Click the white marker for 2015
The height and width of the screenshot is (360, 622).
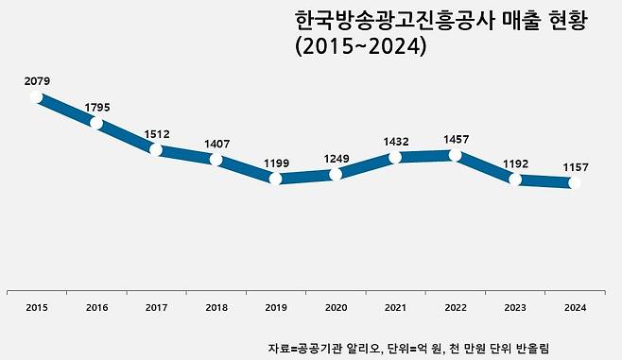[x=37, y=96]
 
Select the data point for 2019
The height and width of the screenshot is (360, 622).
[x=276, y=178]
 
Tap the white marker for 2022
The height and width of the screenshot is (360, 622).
[x=456, y=154]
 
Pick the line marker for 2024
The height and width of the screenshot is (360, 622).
[x=575, y=183]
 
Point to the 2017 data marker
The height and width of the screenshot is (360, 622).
[x=157, y=149]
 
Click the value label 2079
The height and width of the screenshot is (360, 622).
[x=37, y=81]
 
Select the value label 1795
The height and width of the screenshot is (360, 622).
[x=97, y=108]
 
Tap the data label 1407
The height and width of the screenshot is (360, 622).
[x=216, y=145]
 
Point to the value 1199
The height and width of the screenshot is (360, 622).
[x=276, y=163]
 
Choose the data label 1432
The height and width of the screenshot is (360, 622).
[x=395, y=142]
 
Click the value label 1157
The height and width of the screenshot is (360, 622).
[x=575, y=167]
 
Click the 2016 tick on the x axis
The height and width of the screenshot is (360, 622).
[x=97, y=307]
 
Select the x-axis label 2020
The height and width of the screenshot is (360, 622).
[x=336, y=307]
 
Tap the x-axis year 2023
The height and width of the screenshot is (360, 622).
[x=515, y=307]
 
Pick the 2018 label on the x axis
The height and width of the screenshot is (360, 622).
[x=216, y=307]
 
